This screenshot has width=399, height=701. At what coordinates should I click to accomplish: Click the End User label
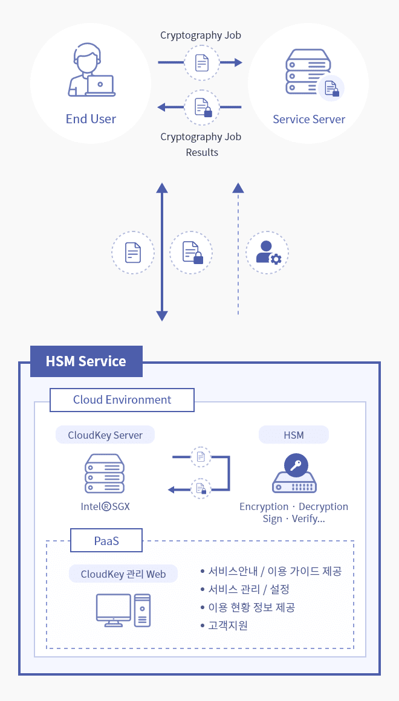pyautogui.click(x=91, y=119)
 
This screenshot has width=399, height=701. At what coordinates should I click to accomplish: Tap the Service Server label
pyautogui.click(x=308, y=119)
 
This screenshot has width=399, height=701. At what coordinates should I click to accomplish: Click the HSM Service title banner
pyautogui.click(x=86, y=361)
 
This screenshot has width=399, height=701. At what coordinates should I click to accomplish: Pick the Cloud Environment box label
pyautogui.click(x=122, y=400)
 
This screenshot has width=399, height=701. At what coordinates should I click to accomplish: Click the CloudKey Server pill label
pyautogui.click(x=105, y=435)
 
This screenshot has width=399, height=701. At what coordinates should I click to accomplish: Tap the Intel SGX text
pyautogui.click(x=105, y=506)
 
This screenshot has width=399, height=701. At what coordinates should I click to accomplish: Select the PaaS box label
pyautogui.click(x=106, y=541)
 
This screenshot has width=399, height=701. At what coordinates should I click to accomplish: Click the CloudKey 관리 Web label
pyautogui.click(x=123, y=574)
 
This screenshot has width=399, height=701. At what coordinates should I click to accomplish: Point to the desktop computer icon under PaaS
pyautogui.click(x=123, y=609)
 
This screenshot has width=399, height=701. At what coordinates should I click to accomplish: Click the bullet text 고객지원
pyautogui.click(x=227, y=625)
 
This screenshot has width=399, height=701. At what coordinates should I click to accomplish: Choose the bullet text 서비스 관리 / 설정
pyautogui.click(x=248, y=589)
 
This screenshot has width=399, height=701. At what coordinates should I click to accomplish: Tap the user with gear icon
pyautogui.click(x=268, y=253)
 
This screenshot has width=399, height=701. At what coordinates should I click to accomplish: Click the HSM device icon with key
pyautogui.click(x=294, y=476)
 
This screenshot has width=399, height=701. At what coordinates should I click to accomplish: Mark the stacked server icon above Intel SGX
pyautogui.click(x=105, y=474)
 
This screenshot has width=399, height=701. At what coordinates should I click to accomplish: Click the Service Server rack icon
pyautogui.click(x=308, y=73)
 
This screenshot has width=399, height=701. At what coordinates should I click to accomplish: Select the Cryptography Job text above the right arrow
pyautogui.click(x=201, y=35)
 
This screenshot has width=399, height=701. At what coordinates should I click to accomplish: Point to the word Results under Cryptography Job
pyautogui.click(x=202, y=152)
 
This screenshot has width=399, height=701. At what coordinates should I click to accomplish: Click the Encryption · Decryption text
pyautogui.click(x=294, y=506)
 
